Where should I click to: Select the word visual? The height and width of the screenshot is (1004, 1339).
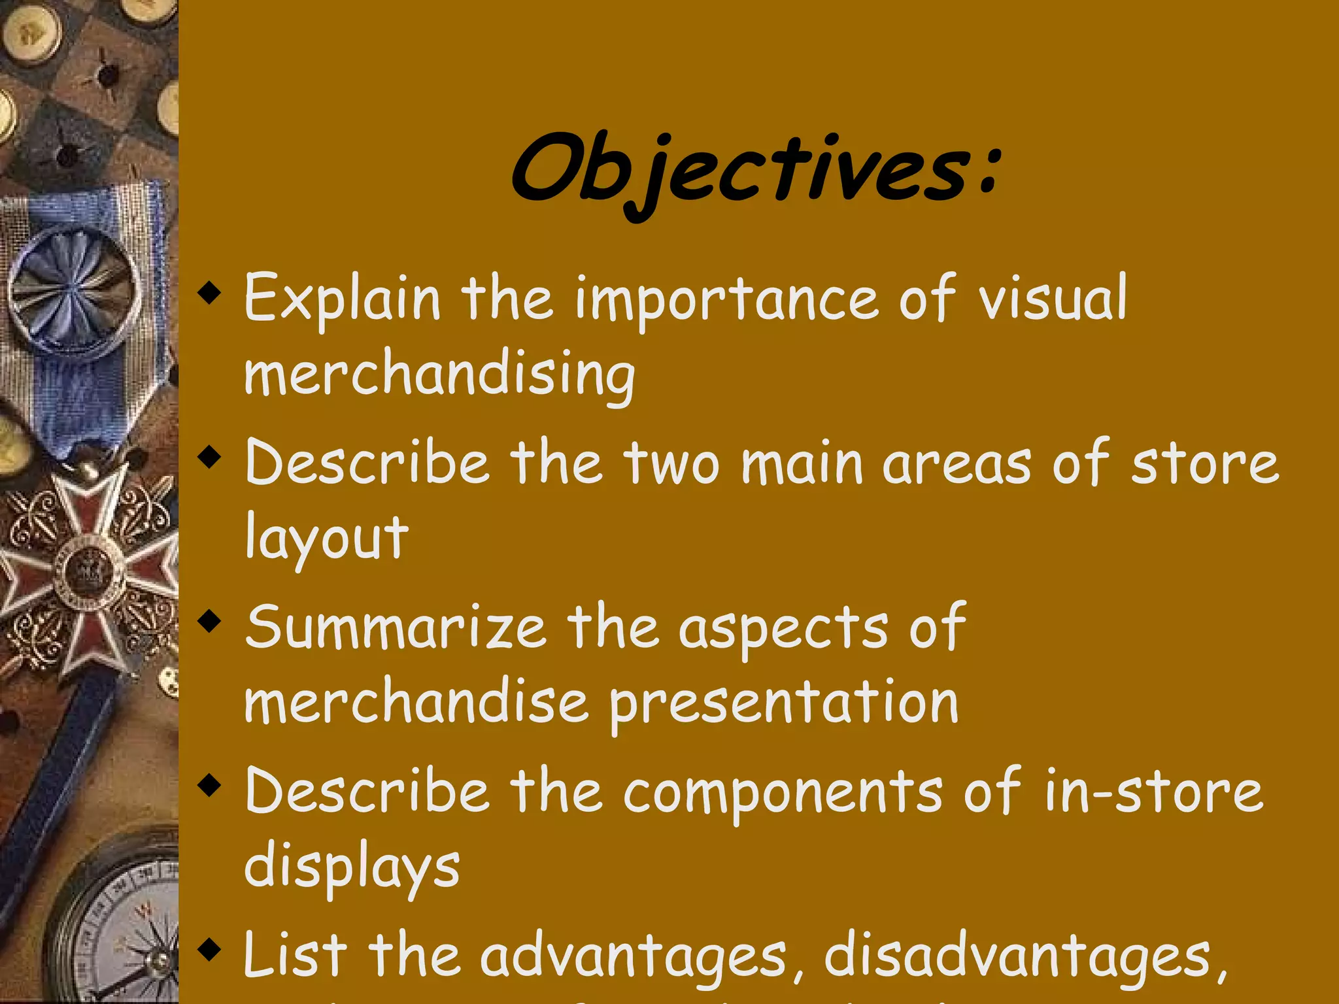[1053, 298]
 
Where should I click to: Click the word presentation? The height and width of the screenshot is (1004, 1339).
[784, 705]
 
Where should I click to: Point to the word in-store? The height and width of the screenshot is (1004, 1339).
[1153, 791]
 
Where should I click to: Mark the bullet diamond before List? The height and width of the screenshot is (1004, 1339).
[209, 948]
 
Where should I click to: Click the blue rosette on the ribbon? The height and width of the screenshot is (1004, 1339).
[76, 292]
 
